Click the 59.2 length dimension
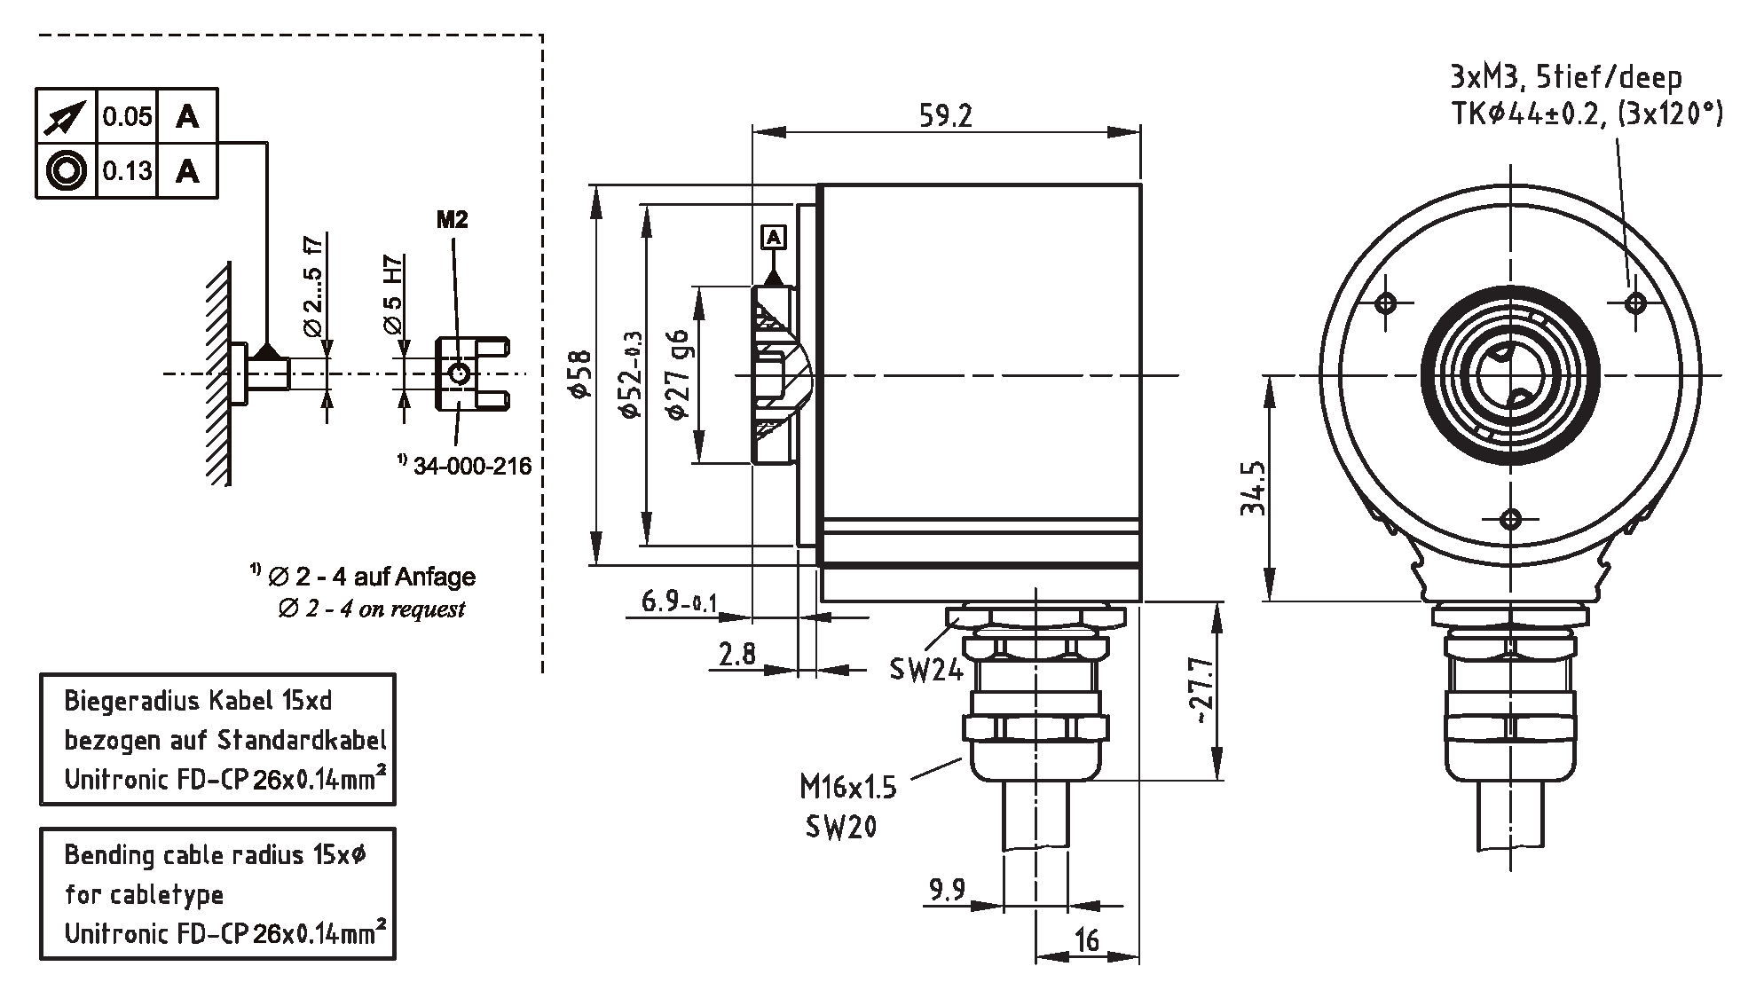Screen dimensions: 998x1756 coord(945,116)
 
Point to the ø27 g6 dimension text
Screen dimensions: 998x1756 coord(678,374)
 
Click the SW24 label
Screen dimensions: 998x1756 coord(925,670)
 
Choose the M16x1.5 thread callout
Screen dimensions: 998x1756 coord(847,787)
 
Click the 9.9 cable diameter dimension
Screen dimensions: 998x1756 coord(947,890)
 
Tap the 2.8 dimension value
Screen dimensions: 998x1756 coord(737,655)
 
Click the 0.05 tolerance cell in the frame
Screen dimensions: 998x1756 coord(127,116)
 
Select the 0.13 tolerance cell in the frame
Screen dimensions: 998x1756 coord(127,170)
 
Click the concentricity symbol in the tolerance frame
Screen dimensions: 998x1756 coord(66,170)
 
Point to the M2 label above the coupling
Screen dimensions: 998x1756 coord(452,220)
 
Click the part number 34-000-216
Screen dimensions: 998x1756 coord(472,466)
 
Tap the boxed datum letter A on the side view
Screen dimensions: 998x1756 coord(774,237)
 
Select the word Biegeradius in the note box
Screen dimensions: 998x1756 coord(132,701)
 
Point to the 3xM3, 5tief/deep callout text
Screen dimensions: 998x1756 coord(1565,79)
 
